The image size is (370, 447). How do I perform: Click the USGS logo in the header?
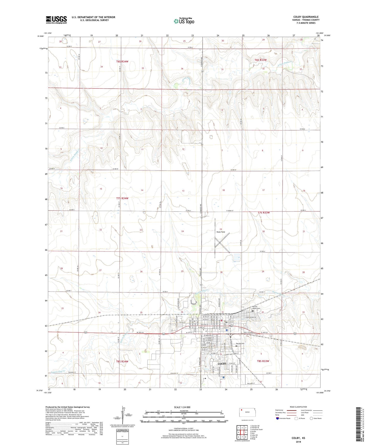click(x=56, y=20)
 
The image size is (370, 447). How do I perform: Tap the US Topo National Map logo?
click(x=184, y=21)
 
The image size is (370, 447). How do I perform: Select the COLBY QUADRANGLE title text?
click(x=306, y=17)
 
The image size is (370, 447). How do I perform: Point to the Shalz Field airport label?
click(x=220, y=232)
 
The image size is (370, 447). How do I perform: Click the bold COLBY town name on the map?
click(x=222, y=364)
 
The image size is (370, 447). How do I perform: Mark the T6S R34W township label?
click(x=122, y=62)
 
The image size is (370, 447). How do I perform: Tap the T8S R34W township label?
click(x=122, y=361)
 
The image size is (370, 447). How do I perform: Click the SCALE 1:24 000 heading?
click(x=182, y=407)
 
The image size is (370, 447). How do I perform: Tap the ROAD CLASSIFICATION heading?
click(x=298, y=407)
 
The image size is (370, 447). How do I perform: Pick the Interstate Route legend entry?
click(x=283, y=418)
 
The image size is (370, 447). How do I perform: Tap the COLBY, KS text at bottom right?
click(x=298, y=438)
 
